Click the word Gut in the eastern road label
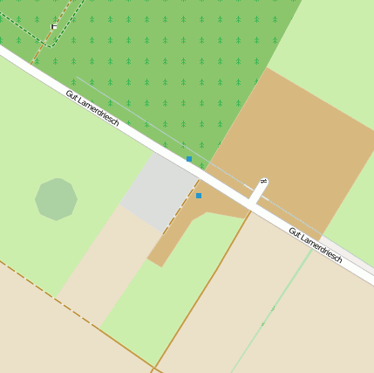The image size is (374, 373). pyautogui.click(x=295, y=232)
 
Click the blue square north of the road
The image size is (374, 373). pyautogui.click(x=189, y=159)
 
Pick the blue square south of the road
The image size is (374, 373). pyautogui.click(x=199, y=196)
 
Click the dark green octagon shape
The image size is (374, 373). pyautogui.click(x=56, y=199)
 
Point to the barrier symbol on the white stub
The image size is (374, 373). pyautogui.click(x=262, y=182)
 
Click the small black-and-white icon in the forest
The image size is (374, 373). pyautogui.click(x=54, y=26)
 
